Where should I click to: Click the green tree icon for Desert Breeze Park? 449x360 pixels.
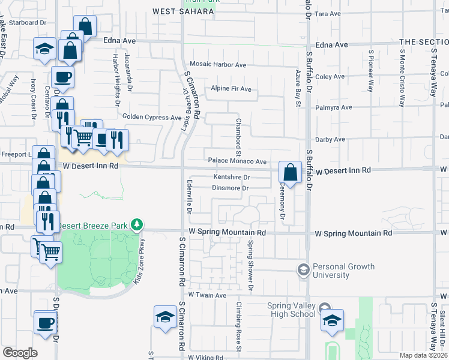138,224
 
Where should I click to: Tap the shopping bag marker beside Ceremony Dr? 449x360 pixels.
290,173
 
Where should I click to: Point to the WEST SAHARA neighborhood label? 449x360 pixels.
183,11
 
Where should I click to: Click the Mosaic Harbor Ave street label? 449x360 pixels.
218,64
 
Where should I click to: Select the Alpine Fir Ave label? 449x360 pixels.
231,89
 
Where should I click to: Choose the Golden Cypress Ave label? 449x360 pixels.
151,117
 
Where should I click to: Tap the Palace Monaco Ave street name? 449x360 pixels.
237,161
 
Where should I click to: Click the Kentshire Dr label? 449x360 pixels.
232,177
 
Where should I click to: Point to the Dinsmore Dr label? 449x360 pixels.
231,188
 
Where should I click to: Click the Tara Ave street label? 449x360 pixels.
328,13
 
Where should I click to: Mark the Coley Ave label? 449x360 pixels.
330,77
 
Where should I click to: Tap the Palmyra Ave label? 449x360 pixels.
334,108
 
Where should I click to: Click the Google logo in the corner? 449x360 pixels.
20,353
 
